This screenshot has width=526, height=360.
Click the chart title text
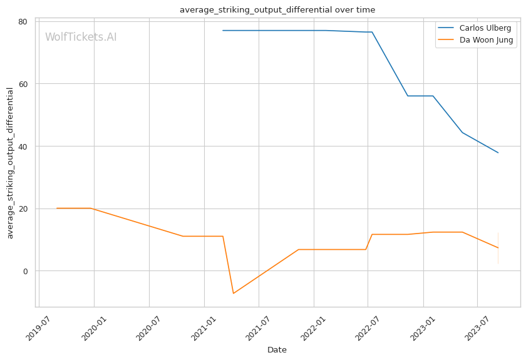tap(277, 9)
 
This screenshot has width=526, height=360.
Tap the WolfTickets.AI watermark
tap(81, 38)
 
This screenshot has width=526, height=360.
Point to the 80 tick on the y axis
tap(23, 21)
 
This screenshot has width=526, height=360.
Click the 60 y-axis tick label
tap(23, 84)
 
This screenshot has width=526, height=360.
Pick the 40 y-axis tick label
tap(23, 147)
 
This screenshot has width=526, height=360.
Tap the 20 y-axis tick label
tap(23, 208)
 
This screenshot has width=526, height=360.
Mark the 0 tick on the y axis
tap(25, 271)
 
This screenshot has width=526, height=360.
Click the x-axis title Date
tap(277, 350)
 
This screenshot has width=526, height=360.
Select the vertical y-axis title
tap(10, 163)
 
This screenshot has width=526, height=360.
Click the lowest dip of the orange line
tap(234, 294)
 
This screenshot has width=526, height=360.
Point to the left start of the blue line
tap(223, 31)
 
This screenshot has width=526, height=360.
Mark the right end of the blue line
tap(498, 153)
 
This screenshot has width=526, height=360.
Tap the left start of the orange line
tap(56, 208)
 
